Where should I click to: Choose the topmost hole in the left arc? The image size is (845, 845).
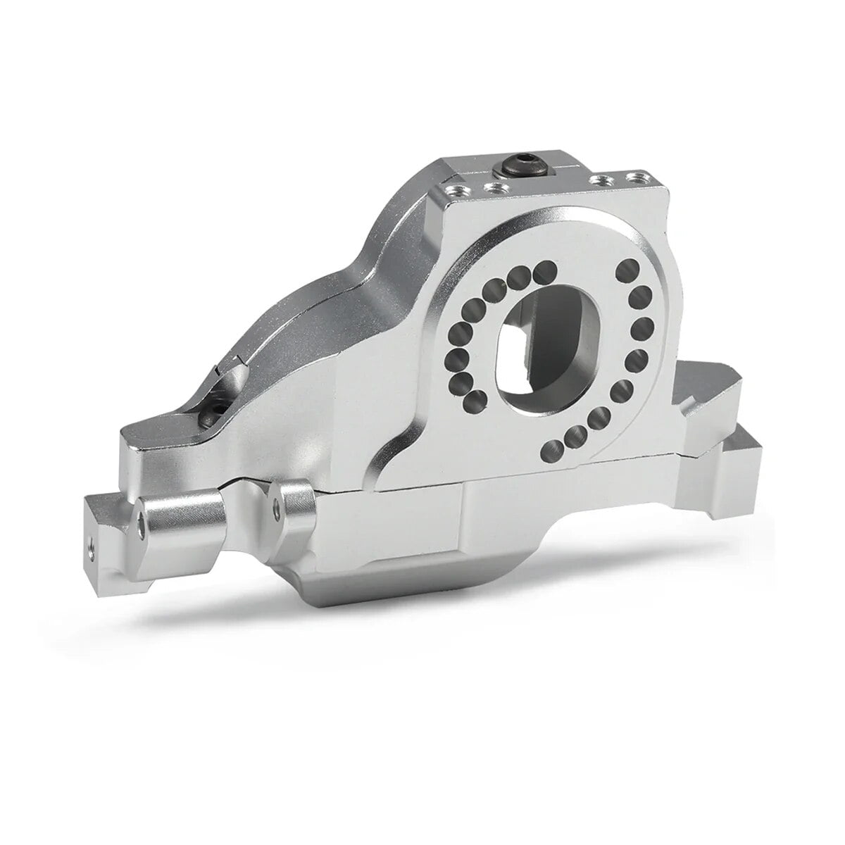click(x=542, y=270)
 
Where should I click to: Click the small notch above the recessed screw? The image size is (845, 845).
click(x=229, y=366)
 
